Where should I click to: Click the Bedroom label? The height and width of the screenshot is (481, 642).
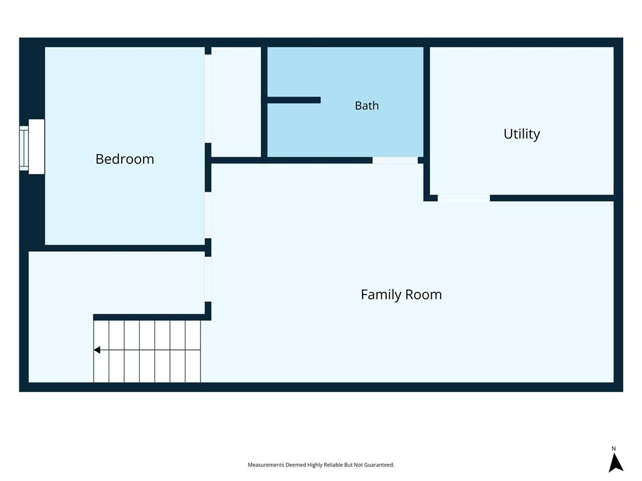pos(125,158)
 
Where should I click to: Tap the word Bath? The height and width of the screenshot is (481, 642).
pos(367,105)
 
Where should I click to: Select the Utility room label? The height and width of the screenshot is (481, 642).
pos(522,134)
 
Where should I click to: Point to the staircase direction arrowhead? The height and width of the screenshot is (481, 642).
pos(97,349)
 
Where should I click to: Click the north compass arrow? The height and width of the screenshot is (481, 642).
pos(615,463)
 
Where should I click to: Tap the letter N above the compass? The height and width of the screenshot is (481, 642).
pos(614,448)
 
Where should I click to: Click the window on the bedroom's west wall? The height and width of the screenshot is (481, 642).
pos(24,148)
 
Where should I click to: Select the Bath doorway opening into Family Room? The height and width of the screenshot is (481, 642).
pos(395,160)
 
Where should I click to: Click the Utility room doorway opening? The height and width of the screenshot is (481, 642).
pos(464,198)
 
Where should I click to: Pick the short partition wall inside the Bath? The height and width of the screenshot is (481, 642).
pos(293,100)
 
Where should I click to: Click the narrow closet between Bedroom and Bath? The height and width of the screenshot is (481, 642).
pos(236,102)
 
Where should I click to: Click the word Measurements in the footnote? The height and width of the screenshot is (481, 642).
pos(266,465)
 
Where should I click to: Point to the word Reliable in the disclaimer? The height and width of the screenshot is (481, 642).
pos(334,465)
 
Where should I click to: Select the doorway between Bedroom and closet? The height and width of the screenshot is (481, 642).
pos(208,98)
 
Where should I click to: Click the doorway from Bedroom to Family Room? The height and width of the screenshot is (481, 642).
pos(208,215)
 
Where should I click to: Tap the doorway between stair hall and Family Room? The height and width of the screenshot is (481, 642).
pos(208,279)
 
